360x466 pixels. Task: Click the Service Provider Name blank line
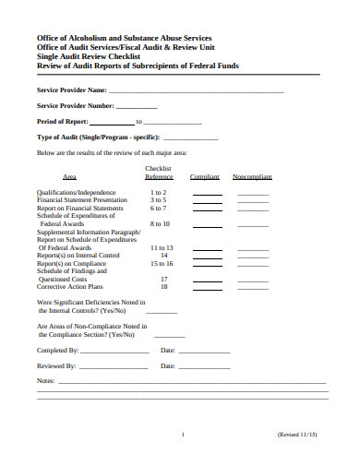(x=196, y=92)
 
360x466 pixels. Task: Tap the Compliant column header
(x=205, y=176)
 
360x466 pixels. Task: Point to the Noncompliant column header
(x=252, y=176)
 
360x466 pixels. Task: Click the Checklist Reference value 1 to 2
(x=158, y=192)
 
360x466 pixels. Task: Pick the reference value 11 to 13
(x=161, y=247)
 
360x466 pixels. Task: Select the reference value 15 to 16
(x=161, y=263)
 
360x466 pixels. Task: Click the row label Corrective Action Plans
(x=68, y=286)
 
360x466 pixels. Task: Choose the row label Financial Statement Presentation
(x=82, y=199)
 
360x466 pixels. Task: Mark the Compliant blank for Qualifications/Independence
(x=207, y=194)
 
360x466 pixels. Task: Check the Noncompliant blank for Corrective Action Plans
(x=252, y=288)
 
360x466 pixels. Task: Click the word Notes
(x=45, y=380)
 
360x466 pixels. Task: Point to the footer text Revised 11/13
(x=297, y=434)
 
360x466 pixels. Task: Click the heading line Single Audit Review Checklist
(x=91, y=56)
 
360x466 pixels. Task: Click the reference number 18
(x=164, y=286)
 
